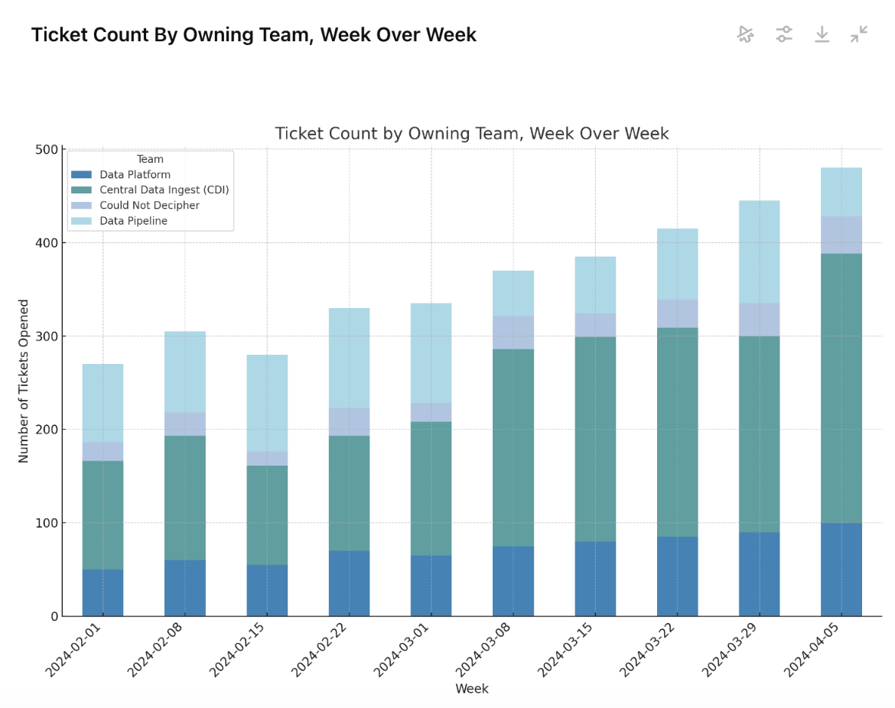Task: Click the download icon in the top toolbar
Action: click(x=822, y=34)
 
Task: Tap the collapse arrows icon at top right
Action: click(x=859, y=34)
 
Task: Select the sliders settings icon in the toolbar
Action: click(x=784, y=34)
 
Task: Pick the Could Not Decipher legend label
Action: click(x=149, y=206)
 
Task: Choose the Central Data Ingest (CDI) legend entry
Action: click(x=164, y=190)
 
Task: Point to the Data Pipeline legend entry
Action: click(x=133, y=221)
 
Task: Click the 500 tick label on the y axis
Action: click(x=47, y=150)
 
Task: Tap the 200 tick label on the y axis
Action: click(x=47, y=430)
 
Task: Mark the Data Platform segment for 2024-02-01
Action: click(x=103, y=593)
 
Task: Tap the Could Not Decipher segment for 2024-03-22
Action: click(x=677, y=313)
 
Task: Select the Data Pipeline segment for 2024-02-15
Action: click(x=267, y=403)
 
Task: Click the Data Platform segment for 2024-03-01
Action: click(x=431, y=586)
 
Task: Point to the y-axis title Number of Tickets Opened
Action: click(x=24, y=381)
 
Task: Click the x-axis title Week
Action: click(x=472, y=689)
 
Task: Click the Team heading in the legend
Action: click(x=150, y=160)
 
